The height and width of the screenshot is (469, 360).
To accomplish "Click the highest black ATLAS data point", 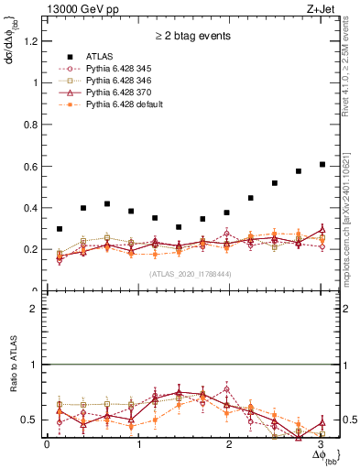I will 322,164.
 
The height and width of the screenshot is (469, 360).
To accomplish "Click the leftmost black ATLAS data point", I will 60,229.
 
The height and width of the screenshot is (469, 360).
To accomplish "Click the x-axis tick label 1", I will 137,445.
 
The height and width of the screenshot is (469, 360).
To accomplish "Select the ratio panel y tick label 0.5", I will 32,420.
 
